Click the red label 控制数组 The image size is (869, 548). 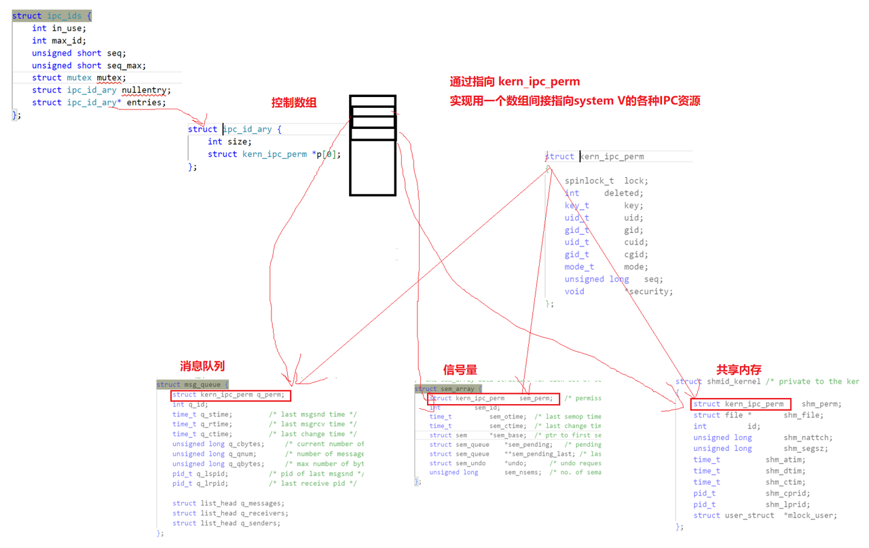294,103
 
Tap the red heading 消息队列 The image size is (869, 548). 202,366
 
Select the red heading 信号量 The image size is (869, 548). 460,369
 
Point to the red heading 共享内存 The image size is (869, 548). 739,369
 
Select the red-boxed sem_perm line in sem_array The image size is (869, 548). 494,399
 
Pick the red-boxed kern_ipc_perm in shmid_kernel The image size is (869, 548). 741,404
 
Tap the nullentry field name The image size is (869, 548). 146,90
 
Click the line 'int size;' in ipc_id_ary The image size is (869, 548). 229,142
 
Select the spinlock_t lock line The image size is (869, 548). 606,181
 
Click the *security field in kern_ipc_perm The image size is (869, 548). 648,291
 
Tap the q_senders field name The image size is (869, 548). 260,524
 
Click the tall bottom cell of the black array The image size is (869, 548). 373,168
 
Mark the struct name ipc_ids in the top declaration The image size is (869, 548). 64,16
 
